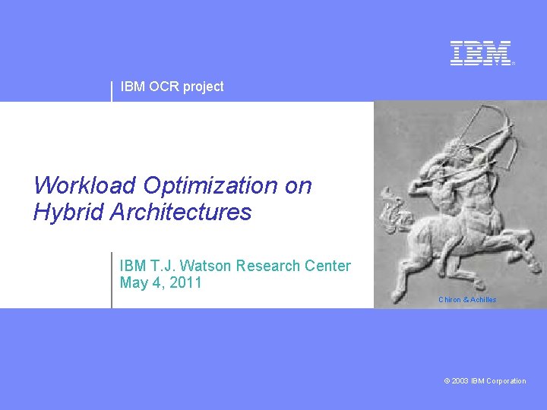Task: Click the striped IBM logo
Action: click(481, 53)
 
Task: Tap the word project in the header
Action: click(204, 87)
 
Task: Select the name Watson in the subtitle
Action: click(208, 266)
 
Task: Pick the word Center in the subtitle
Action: click(327, 266)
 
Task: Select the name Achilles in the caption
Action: click(483, 300)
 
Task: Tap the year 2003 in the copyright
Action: click(461, 381)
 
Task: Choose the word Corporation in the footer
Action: click(507, 381)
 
